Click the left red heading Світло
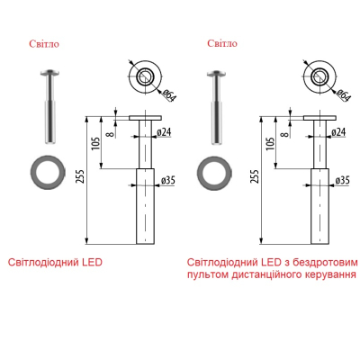coord(44,44)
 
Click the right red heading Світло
coord(222,43)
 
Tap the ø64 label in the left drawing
coord(169,95)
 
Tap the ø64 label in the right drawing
coord(344,95)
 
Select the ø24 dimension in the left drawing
coord(164,131)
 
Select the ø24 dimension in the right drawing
coord(338,131)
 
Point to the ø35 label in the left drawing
coord(167,180)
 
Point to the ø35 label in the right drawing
coord(342,180)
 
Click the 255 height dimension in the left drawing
coord(79,176)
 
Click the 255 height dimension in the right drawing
coord(254,176)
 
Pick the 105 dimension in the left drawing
coord(95,144)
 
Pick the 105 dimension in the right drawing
coord(270,144)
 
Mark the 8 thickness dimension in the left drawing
coord(111,134)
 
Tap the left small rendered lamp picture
coord(49,106)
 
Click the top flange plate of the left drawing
coord(146,118)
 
